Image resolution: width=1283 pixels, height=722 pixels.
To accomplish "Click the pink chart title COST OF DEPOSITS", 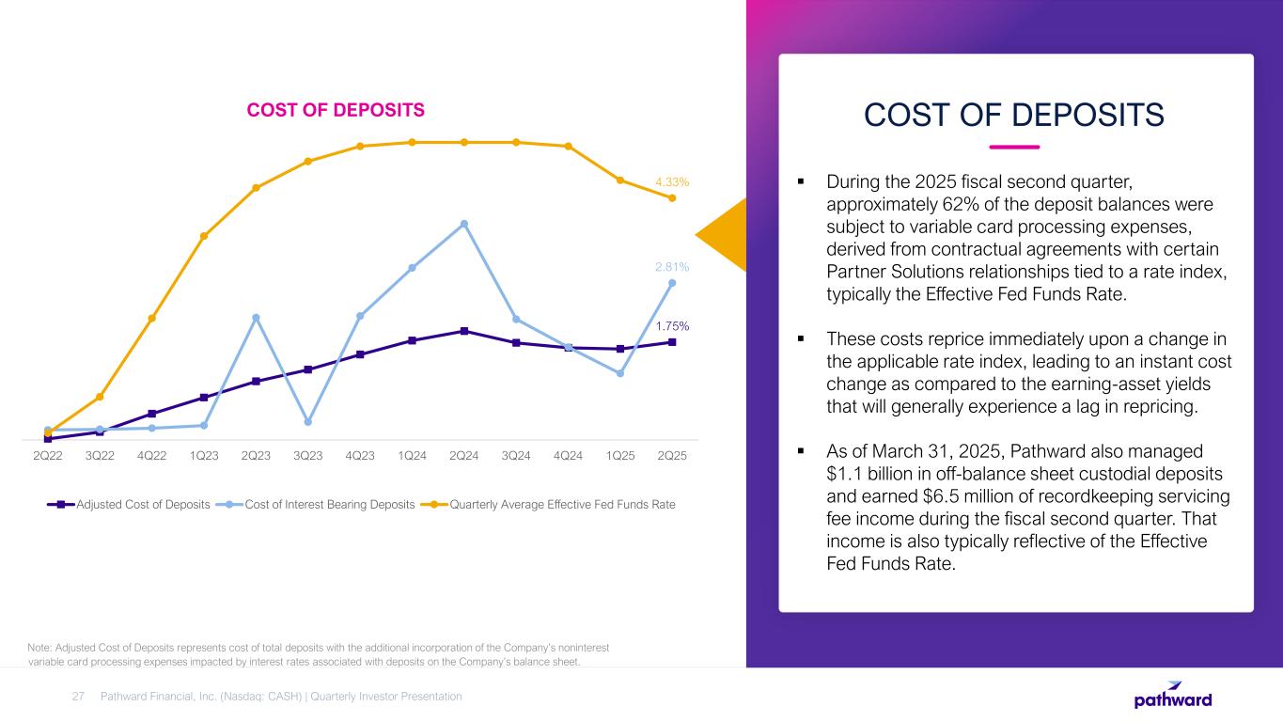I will pyautogui.click(x=336, y=111).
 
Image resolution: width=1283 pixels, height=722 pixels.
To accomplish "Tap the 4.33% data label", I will pyautogui.click(x=673, y=181).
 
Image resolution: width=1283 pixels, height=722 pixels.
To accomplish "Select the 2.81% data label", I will pyautogui.click(x=672, y=267).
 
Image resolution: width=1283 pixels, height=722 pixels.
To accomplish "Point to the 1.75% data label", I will pyautogui.click(x=672, y=326).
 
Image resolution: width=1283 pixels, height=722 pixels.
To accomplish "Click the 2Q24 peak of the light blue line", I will pyautogui.click(x=464, y=224).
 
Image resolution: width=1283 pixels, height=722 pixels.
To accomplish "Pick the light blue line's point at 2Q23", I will pyautogui.click(x=256, y=318).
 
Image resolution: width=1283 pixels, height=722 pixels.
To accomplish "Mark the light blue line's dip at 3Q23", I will pyautogui.click(x=308, y=421).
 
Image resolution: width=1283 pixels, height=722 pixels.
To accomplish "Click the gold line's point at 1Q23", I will pyautogui.click(x=204, y=236).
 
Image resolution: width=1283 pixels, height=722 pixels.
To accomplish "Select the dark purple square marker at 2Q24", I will pyautogui.click(x=464, y=331).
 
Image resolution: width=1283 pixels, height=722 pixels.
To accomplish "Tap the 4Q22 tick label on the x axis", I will pyautogui.click(x=152, y=456).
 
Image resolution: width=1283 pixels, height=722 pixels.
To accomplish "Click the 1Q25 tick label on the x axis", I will pyautogui.click(x=620, y=456).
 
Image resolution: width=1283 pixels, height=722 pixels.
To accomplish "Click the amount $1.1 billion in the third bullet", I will pyautogui.click(x=868, y=474).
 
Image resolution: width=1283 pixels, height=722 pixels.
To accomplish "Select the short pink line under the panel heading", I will pyautogui.click(x=1015, y=147).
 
